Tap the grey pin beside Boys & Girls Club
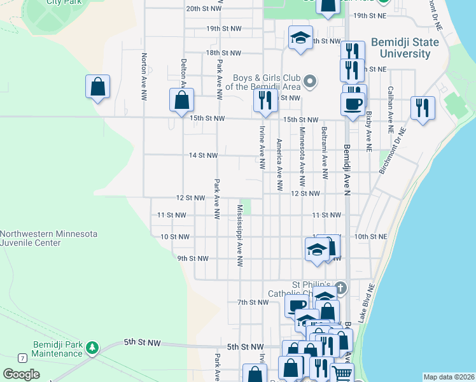coord(310,81)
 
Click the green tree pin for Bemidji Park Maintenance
coord(93,348)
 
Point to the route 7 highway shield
coord(22,358)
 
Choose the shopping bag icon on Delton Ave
coord(181,100)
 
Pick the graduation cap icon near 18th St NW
coord(300,37)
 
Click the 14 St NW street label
coord(203,155)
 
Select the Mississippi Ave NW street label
coord(240,236)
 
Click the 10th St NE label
coord(370,236)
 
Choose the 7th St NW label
coord(253,302)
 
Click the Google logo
coord(21,374)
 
